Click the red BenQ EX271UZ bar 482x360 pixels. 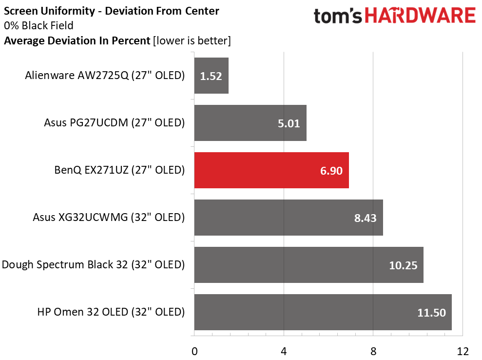pos(271,170)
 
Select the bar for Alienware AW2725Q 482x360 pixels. pos(211,76)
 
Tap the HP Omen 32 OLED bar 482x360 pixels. pos(323,312)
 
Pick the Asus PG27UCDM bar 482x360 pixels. pos(250,123)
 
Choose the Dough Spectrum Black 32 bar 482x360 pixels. pos(308,265)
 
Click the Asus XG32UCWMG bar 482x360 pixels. pos(289,218)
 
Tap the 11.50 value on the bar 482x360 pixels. pos(431,313)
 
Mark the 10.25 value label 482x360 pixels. pos(403,265)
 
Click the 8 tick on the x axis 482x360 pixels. pos(373,351)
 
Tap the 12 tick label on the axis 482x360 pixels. pos(462,351)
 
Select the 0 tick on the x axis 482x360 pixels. pos(194,351)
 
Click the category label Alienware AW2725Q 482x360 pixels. pos(105,76)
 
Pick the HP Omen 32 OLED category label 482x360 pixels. pos(111,312)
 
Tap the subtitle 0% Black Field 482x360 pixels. pos(39,25)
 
